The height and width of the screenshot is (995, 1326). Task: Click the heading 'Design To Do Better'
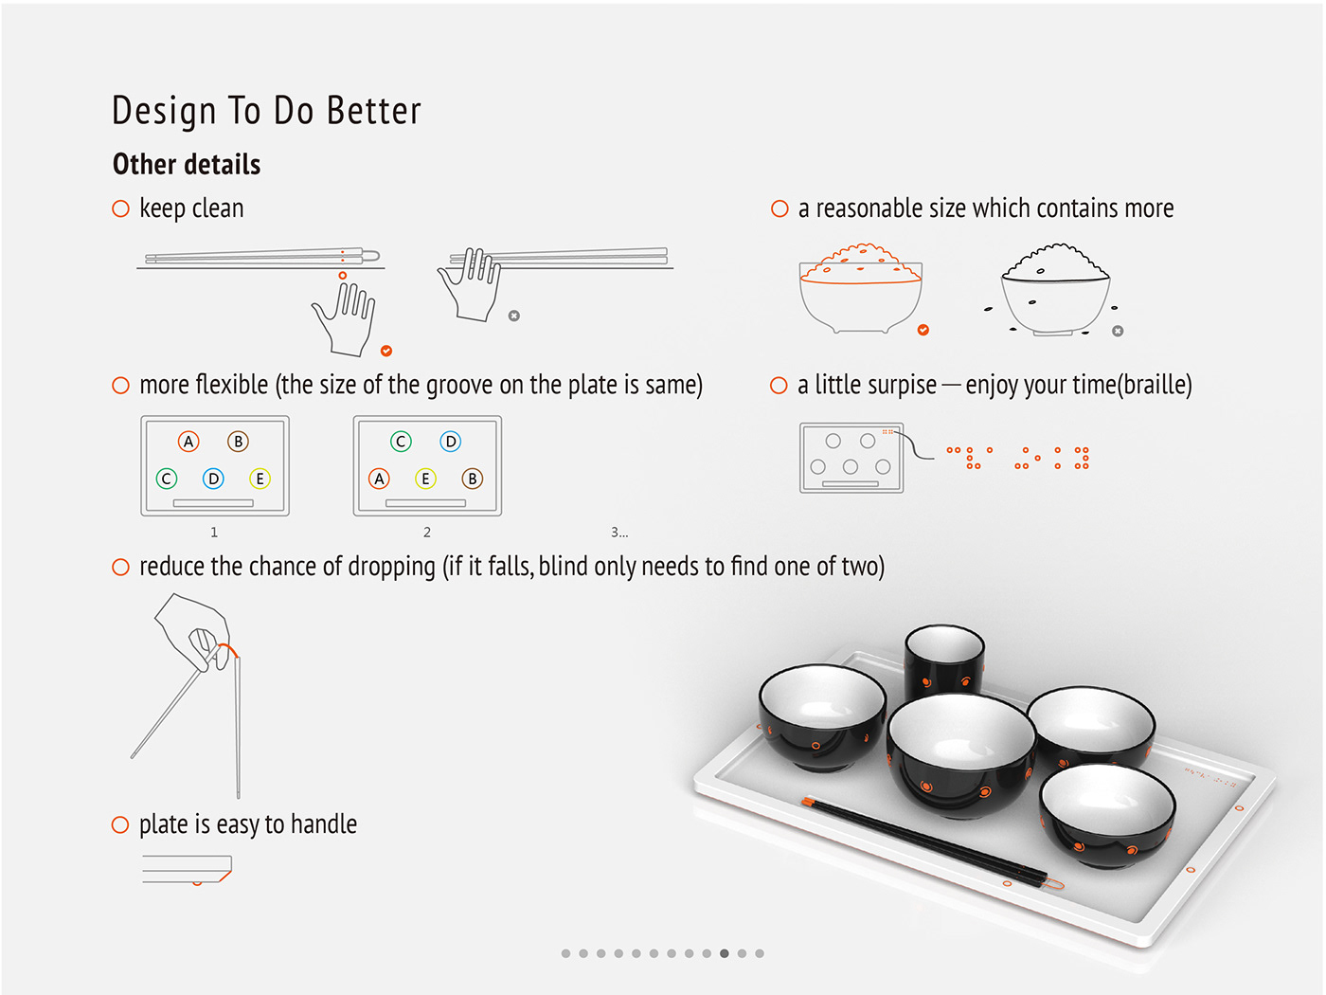click(266, 111)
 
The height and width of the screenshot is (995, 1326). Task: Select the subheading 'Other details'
click(186, 164)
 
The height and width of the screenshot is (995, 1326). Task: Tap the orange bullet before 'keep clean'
click(121, 208)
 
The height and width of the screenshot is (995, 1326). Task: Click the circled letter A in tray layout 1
click(188, 442)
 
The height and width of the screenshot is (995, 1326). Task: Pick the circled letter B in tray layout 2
click(473, 479)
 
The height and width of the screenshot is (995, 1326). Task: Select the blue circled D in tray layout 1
click(213, 479)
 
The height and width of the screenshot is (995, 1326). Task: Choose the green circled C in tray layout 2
click(401, 442)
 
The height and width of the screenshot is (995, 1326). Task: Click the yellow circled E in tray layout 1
click(260, 479)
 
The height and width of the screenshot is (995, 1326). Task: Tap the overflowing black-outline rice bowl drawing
click(1055, 290)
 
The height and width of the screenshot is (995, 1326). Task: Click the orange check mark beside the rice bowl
click(923, 330)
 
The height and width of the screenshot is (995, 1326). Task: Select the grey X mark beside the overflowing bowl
click(1118, 331)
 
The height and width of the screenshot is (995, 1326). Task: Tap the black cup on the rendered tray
click(944, 660)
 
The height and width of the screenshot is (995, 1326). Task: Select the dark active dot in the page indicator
click(725, 953)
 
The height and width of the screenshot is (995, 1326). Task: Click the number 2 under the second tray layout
click(427, 533)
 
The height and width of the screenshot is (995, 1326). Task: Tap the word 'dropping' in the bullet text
click(391, 568)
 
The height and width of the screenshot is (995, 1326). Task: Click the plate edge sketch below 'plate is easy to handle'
click(188, 870)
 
